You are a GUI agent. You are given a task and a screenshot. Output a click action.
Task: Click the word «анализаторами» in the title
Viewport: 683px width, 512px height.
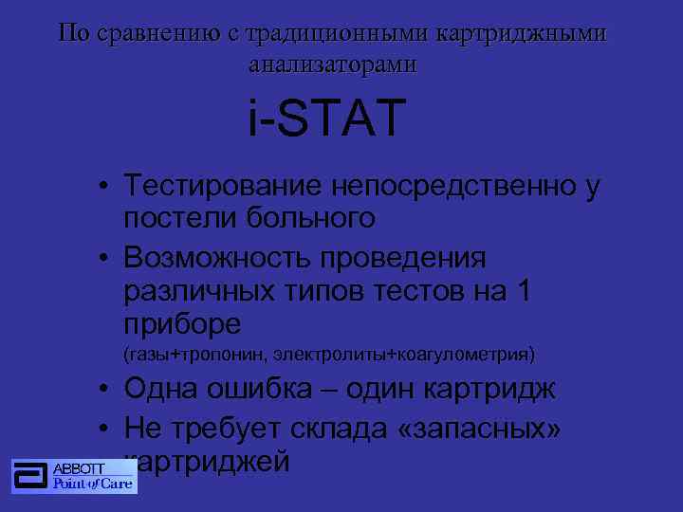[x=331, y=64]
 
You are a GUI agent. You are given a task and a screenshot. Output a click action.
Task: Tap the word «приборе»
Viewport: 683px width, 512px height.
[x=182, y=325]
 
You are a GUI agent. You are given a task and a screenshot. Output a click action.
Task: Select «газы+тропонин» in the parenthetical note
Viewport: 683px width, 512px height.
[x=195, y=355]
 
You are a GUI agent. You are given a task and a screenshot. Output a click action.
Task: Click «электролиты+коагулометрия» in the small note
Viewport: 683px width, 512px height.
[x=404, y=355]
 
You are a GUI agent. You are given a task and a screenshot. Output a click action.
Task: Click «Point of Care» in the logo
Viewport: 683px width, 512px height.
[x=92, y=485]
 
